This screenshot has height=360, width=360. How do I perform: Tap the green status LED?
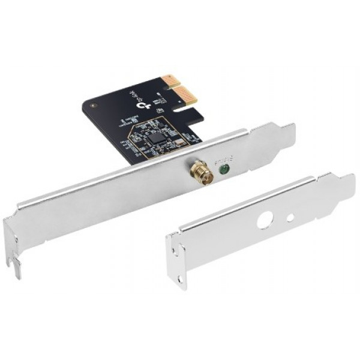[x=224, y=170]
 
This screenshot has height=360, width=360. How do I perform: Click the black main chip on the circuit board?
[x=158, y=137]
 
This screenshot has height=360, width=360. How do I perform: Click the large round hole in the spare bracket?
[x=265, y=220]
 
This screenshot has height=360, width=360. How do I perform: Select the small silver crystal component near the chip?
[x=158, y=109]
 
